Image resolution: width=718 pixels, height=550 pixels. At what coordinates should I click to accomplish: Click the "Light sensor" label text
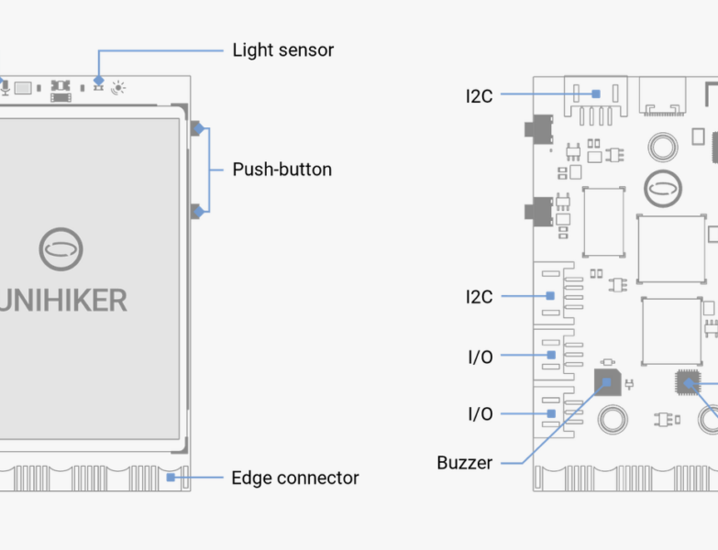[282, 49]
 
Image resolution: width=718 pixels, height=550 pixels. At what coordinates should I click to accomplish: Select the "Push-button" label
[282, 170]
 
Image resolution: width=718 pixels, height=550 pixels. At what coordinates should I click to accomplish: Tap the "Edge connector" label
[294, 478]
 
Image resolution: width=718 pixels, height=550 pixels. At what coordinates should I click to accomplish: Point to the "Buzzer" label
[464, 463]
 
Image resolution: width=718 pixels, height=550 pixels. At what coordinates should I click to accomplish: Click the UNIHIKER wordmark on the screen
[63, 300]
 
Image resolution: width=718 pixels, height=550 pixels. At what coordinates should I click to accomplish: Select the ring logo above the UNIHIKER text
[61, 248]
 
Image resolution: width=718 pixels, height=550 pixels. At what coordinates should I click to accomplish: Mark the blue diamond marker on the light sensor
[99, 81]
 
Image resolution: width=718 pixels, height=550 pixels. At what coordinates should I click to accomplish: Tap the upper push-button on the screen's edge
[196, 128]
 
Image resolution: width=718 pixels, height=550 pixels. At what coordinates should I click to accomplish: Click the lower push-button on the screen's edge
[196, 212]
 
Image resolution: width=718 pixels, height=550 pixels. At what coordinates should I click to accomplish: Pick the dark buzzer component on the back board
[607, 381]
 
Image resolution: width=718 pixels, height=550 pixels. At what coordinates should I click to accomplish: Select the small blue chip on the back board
[687, 383]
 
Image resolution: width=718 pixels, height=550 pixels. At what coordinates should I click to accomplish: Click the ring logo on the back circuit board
[662, 190]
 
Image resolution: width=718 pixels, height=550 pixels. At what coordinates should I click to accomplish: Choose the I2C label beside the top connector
[479, 94]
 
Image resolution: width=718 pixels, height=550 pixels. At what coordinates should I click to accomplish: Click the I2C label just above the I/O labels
[479, 296]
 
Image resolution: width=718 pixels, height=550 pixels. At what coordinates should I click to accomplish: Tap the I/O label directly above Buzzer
[480, 414]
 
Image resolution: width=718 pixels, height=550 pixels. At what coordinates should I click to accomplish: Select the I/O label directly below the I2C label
[480, 357]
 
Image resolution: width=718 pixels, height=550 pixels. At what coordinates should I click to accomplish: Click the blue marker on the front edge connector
[171, 477]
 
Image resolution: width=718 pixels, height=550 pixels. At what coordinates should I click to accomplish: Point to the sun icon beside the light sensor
[118, 88]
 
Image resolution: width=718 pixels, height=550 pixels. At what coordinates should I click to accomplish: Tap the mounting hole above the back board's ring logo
[662, 146]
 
